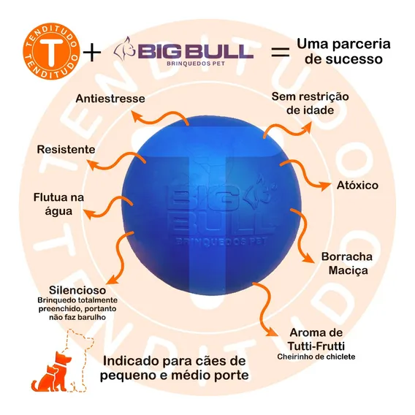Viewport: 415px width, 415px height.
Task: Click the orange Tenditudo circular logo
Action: click(51, 51)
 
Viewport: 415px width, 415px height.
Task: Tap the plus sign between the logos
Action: click(92, 52)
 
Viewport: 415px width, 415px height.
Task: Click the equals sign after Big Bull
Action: click(281, 52)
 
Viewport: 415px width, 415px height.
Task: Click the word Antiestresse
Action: click(110, 99)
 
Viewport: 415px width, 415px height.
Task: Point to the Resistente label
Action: click(66, 150)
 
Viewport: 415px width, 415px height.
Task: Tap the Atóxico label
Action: click(357, 186)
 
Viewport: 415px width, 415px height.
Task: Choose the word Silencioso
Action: click(77, 290)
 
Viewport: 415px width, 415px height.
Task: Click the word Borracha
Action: click(347, 256)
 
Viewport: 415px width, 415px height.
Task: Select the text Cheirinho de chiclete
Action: click(316, 357)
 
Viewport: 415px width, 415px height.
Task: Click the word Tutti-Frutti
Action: click(316, 346)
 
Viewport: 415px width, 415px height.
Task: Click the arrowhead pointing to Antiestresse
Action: click(137, 116)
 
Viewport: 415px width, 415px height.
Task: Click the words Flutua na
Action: click(58, 197)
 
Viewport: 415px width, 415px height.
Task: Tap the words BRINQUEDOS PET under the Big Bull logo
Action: click(196, 64)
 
